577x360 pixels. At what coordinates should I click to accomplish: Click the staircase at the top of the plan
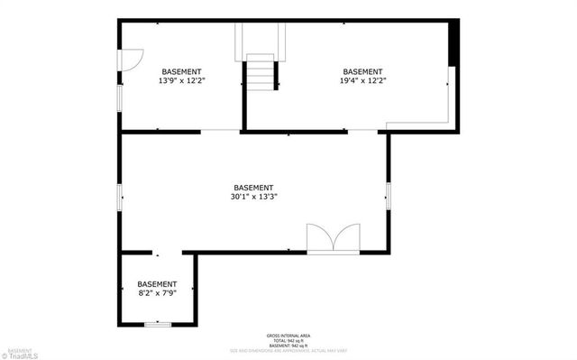click(x=261, y=71)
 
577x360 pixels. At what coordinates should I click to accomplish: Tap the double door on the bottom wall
click(x=333, y=238)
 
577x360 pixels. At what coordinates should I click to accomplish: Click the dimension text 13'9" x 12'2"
click(x=181, y=80)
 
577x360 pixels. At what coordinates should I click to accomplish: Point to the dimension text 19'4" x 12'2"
click(x=362, y=80)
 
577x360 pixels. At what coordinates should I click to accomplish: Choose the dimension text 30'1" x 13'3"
click(x=253, y=197)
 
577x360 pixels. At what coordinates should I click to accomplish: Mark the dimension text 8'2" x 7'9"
click(x=157, y=293)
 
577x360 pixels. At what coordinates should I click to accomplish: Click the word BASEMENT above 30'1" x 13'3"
click(x=253, y=188)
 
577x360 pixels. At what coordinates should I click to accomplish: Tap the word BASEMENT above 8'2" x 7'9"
click(x=157, y=284)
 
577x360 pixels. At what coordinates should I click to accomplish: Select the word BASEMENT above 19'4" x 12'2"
click(x=362, y=71)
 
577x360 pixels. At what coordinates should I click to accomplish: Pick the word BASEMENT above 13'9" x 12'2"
click(x=181, y=71)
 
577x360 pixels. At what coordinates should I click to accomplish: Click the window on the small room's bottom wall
click(x=158, y=322)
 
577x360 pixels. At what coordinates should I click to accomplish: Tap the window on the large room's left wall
click(x=120, y=197)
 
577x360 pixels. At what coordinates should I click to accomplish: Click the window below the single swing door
click(x=120, y=97)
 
